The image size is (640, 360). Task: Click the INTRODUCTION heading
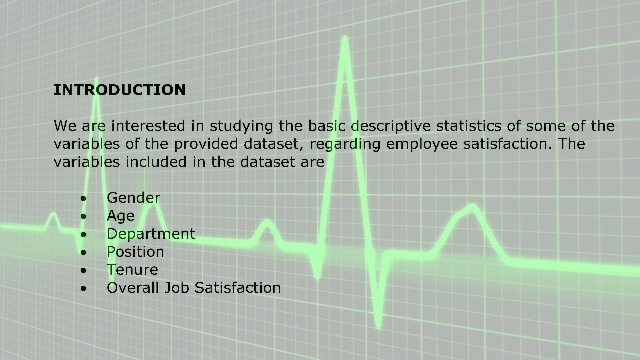pyautogui.click(x=120, y=90)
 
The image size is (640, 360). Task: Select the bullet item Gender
pyautogui.click(x=133, y=198)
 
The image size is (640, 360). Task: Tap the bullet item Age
pyautogui.click(x=120, y=216)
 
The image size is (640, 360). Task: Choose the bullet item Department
pyautogui.click(x=151, y=234)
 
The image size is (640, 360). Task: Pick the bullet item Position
pyautogui.click(x=135, y=252)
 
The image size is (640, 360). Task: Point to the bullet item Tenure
pyautogui.click(x=132, y=270)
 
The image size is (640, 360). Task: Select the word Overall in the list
pyautogui.click(x=133, y=288)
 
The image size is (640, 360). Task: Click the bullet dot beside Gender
pyautogui.click(x=84, y=199)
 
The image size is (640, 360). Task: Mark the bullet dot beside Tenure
pyautogui.click(x=84, y=271)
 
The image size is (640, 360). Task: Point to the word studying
pyautogui.click(x=241, y=126)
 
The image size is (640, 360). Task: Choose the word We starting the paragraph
pyautogui.click(x=65, y=126)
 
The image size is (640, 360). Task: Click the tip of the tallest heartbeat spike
pyautogui.click(x=345, y=38)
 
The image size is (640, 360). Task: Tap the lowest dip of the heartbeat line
pyautogui.click(x=378, y=325)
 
